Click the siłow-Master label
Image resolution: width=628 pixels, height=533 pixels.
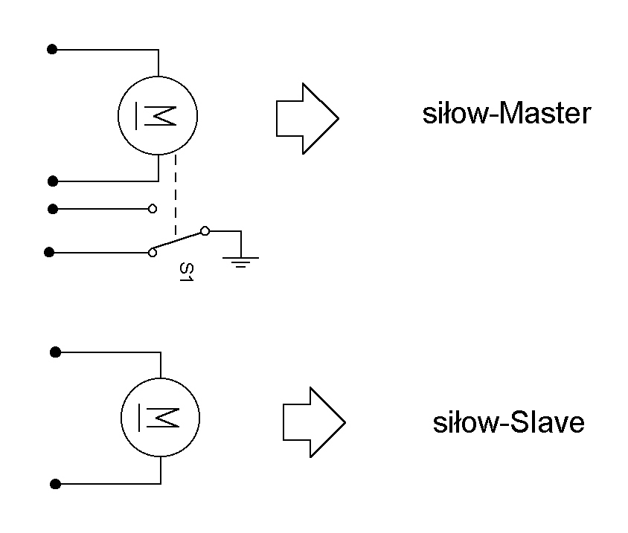coord(507,114)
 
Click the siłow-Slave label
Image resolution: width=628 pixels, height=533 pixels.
coord(509,423)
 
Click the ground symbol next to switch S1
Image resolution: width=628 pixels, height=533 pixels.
coord(240,259)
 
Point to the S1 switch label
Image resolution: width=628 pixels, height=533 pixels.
coord(187,272)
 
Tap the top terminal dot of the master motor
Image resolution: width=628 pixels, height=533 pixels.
coord(52,50)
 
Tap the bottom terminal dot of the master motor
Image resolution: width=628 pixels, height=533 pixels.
coord(52,181)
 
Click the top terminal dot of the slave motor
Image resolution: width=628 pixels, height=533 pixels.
coord(55,352)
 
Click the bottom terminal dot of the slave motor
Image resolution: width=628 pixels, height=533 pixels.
coord(55,484)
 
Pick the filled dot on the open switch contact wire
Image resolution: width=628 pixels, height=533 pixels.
coord(52,209)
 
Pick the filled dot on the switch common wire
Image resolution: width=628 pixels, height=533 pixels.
coord(50,253)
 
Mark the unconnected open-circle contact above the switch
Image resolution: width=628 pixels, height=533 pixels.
coord(153,209)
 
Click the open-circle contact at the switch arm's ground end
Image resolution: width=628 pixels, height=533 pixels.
coord(205,231)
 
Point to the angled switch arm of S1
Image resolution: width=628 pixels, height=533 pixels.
coord(179,242)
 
